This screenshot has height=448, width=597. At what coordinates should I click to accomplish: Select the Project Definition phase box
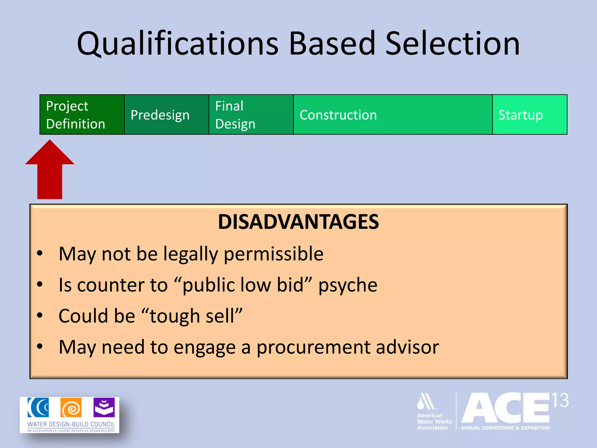(82, 115)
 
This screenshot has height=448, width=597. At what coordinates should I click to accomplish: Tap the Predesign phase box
(166, 115)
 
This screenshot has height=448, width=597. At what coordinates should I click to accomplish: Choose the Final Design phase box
(251, 115)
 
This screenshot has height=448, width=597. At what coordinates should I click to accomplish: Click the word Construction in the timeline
(338, 115)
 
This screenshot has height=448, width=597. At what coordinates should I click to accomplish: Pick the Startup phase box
(529, 115)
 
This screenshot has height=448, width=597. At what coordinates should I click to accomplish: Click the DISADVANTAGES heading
(298, 222)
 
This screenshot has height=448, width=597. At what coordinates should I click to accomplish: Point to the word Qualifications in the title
(178, 44)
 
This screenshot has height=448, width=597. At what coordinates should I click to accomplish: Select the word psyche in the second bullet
(348, 285)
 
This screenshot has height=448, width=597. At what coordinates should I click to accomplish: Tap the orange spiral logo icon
(71, 408)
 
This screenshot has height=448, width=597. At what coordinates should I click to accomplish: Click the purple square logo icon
(104, 407)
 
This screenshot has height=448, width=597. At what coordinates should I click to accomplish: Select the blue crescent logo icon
(38, 407)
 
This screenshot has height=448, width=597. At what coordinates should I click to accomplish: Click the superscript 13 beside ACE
(560, 400)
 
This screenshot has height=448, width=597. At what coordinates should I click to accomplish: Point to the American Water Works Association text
(434, 421)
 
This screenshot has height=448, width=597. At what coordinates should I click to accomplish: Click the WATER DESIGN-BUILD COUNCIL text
(71, 424)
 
